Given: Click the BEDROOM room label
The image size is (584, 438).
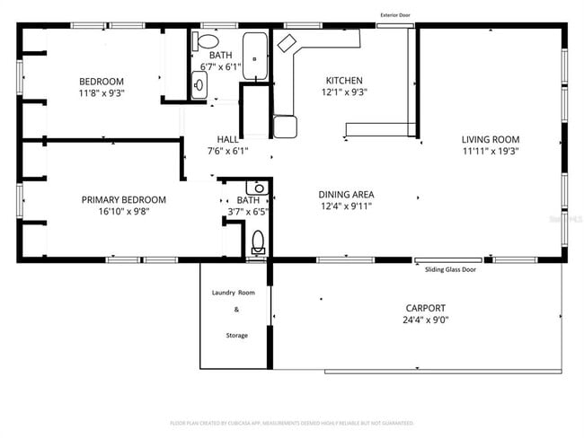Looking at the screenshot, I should [101, 82].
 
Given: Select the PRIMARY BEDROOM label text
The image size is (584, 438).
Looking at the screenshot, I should [124, 199].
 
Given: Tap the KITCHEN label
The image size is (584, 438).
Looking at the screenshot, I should [344, 80].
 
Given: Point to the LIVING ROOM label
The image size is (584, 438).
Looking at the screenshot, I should [490, 139].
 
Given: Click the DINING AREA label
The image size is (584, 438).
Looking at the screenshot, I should [346, 194].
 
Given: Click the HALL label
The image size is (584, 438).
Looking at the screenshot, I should [227, 139].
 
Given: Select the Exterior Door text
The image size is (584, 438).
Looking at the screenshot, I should [395, 15].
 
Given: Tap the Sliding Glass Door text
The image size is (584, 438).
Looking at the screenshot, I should [450, 268].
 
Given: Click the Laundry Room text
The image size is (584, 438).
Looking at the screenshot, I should [234, 293].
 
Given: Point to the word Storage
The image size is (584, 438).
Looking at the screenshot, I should [236, 335].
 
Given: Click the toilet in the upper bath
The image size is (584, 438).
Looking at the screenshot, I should [208, 41].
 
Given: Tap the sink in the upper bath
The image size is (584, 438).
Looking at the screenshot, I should [199, 84].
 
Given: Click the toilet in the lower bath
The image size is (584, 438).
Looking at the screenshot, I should [258, 241].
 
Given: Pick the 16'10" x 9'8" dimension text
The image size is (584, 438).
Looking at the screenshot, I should [124, 212].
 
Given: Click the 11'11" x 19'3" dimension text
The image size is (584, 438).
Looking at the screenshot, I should [490, 152].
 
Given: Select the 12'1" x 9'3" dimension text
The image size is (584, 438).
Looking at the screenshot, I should [344, 92].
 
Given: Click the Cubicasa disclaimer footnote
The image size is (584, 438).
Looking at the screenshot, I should [291, 422].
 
